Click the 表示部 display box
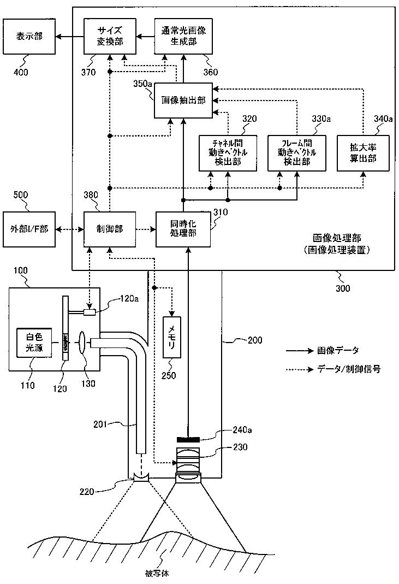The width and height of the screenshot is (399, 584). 29,37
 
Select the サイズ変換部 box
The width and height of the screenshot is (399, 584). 110,36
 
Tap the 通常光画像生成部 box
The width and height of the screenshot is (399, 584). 183,36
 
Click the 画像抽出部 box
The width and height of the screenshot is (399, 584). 183,100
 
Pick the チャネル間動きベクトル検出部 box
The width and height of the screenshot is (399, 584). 228,153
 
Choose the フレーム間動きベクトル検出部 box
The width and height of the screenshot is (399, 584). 297,153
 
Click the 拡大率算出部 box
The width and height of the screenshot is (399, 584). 363,153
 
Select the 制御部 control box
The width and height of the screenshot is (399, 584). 110,229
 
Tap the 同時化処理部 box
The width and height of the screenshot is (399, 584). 183,229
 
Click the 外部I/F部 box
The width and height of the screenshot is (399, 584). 29,229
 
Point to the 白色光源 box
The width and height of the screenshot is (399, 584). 34,343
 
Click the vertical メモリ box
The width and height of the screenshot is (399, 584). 172,338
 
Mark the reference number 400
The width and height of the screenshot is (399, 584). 21,72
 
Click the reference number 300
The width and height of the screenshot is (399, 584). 343,288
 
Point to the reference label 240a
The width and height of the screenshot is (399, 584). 242,430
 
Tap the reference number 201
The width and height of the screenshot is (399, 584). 100,424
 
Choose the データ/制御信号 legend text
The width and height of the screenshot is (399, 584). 349,369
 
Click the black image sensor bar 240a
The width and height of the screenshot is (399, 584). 188,439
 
